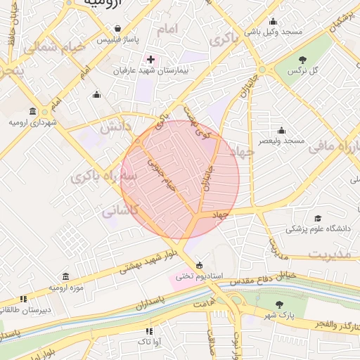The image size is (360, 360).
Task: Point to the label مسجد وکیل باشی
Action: tap(274, 32)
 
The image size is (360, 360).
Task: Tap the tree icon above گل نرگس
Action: tap(303, 60)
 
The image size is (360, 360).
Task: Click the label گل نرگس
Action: tap(303, 72)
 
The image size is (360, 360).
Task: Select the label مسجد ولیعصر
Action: tap(281, 141)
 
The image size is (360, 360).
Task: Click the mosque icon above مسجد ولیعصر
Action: tap(281, 130)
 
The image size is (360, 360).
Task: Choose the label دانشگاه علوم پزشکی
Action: tap(317, 229)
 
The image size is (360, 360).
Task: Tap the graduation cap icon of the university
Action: tap(317, 219)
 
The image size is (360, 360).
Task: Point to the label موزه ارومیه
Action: tap(66, 288)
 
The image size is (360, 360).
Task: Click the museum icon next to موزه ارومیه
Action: tap(66, 276)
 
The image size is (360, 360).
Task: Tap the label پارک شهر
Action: tap(280, 316)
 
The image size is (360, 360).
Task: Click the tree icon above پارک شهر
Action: tap(280, 304)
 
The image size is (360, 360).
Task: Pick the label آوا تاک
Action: tap(148, 341)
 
